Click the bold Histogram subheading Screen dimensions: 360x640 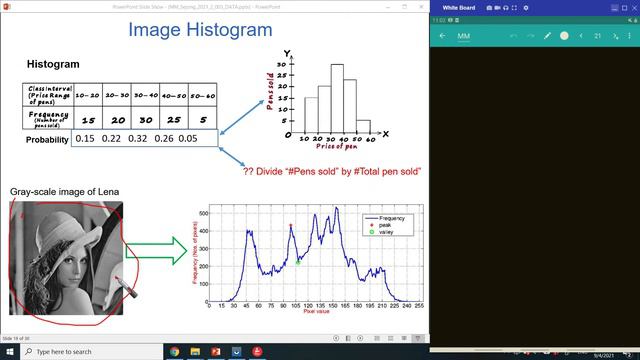55,64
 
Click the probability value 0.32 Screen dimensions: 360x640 137,139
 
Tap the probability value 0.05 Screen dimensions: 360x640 188,139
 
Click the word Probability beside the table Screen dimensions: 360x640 47,140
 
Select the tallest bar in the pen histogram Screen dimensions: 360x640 338,99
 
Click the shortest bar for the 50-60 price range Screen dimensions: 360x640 364,127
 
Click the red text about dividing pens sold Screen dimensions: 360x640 331,171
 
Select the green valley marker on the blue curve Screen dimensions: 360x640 298,262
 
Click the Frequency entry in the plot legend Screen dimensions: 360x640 391,217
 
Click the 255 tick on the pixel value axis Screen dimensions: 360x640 418,306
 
